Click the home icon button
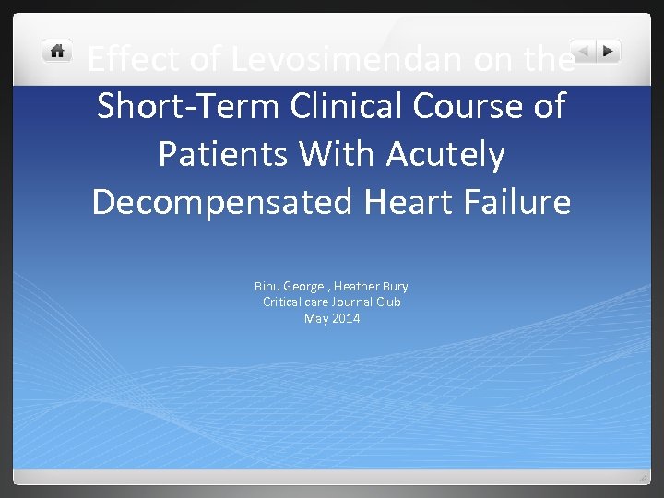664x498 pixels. click(x=57, y=51)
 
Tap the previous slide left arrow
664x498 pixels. click(x=583, y=51)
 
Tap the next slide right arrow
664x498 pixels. click(x=608, y=51)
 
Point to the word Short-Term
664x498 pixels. click(x=188, y=107)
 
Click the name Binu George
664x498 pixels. click(x=289, y=287)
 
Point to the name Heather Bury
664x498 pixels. click(x=375, y=287)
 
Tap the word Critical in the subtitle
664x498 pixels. click(x=285, y=302)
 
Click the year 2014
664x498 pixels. click(x=347, y=318)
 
